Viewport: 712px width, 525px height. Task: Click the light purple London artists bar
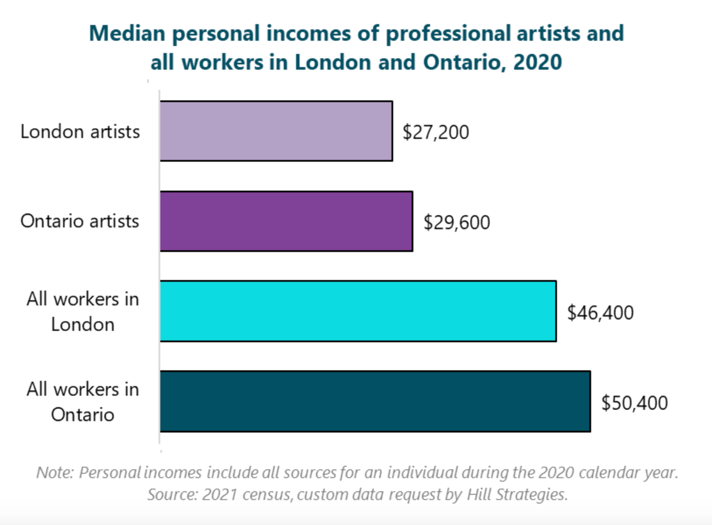(276, 131)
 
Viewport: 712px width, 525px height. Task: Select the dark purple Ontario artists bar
(286, 221)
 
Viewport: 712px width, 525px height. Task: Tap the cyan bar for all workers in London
(358, 311)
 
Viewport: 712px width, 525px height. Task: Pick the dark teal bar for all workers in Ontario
(375, 401)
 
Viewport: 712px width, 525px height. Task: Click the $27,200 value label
(436, 132)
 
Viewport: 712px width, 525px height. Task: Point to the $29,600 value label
(457, 223)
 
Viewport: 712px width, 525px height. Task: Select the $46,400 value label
(600, 313)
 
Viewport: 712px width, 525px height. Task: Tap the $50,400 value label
(634, 403)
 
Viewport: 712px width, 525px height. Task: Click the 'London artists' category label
(80, 132)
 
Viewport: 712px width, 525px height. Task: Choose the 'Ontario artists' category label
(80, 221)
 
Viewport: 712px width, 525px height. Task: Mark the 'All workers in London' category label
(82, 312)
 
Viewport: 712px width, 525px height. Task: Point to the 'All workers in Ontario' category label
(82, 402)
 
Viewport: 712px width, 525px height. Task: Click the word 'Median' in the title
(127, 33)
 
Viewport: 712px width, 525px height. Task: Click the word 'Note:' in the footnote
(55, 472)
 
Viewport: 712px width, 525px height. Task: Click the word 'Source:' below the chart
(172, 495)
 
